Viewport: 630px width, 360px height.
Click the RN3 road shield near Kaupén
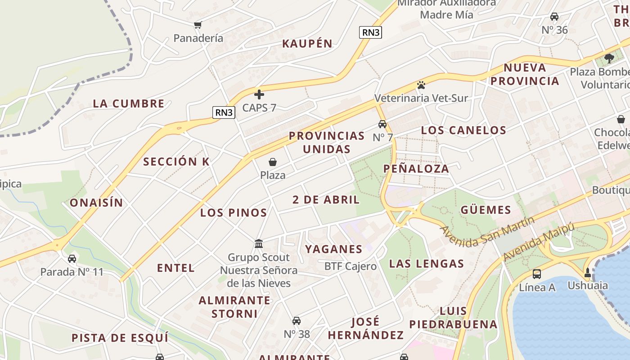click(x=370, y=32)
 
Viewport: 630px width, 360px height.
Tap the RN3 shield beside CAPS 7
click(x=224, y=112)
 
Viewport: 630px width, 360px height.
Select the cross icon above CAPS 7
click(x=259, y=94)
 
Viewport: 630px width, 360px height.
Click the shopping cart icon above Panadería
click(x=198, y=25)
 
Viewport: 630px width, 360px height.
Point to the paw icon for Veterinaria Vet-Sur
click(x=421, y=85)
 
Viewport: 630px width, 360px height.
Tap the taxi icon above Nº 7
click(x=382, y=124)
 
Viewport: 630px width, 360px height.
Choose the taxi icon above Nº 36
click(x=554, y=17)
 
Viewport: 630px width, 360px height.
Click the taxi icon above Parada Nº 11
click(x=72, y=259)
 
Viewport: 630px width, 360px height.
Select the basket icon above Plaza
click(x=273, y=162)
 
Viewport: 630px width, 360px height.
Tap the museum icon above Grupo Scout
click(x=259, y=244)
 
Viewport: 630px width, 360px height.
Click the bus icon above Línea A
click(x=537, y=274)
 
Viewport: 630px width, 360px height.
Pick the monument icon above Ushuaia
click(x=587, y=272)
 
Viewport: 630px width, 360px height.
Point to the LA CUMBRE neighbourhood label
click(x=129, y=103)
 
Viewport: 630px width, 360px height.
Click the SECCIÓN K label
click(x=176, y=162)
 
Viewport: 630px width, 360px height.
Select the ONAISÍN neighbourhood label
click(x=96, y=203)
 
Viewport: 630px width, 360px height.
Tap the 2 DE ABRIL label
click(x=326, y=200)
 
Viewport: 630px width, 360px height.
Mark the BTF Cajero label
click(x=351, y=266)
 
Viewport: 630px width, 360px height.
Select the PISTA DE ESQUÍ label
click(x=120, y=338)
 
